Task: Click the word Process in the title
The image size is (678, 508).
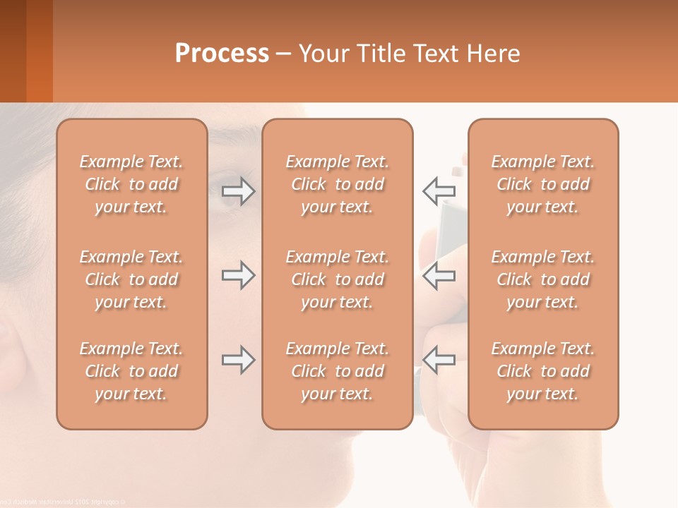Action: (x=222, y=54)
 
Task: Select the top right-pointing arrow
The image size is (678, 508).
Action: (x=238, y=191)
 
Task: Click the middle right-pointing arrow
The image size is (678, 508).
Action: (x=238, y=275)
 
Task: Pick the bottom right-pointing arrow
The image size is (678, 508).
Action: (x=238, y=360)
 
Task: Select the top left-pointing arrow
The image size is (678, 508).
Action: (x=439, y=190)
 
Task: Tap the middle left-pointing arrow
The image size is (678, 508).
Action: (x=439, y=275)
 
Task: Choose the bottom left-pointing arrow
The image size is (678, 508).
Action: (x=439, y=360)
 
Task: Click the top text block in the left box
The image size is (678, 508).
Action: (x=131, y=184)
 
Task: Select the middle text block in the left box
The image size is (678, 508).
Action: (x=131, y=279)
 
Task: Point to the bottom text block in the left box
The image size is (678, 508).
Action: (x=131, y=371)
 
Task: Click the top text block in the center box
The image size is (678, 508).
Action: (x=338, y=184)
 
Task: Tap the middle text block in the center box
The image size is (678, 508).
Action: (x=338, y=279)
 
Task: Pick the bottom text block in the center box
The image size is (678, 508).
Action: (x=338, y=371)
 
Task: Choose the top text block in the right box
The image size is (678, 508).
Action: (x=543, y=184)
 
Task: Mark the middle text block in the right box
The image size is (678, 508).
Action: (x=543, y=279)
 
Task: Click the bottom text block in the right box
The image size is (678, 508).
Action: (x=543, y=371)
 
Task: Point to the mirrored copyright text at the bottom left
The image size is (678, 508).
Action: (x=64, y=502)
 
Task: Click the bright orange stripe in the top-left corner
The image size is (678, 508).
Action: (x=40, y=51)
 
